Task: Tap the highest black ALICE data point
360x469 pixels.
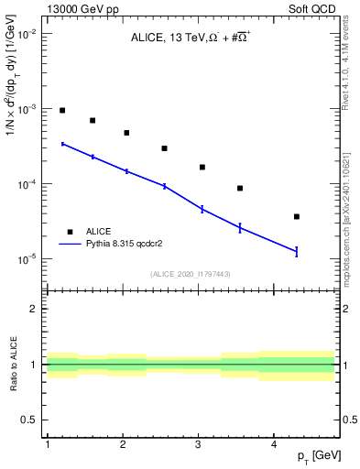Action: pyautogui.click(x=62, y=110)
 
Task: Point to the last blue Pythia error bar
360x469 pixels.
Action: pyautogui.click(x=297, y=251)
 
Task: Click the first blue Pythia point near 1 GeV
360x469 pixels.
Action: pyautogui.click(x=62, y=144)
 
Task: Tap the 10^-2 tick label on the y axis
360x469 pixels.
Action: pyautogui.click(x=27, y=34)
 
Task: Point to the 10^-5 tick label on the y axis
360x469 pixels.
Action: pyautogui.click(x=27, y=259)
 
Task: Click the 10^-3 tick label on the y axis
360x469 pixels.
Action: pyautogui.click(x=27, y=109)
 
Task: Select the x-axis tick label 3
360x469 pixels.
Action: pyautogui.click(x=198, y=444)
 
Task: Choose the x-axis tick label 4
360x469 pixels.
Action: pyautogui.click(x=274, y=444)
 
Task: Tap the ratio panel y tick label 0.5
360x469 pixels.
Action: pyautogui.click(x=30, y=420)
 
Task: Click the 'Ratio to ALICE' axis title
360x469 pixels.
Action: pyautogui.click(x=12, y=365)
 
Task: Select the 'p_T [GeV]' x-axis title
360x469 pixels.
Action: pyautogui.click(x=311, y=455)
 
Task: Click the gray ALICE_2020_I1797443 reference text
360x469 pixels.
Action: pyautogui.click(x=191, y=275)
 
